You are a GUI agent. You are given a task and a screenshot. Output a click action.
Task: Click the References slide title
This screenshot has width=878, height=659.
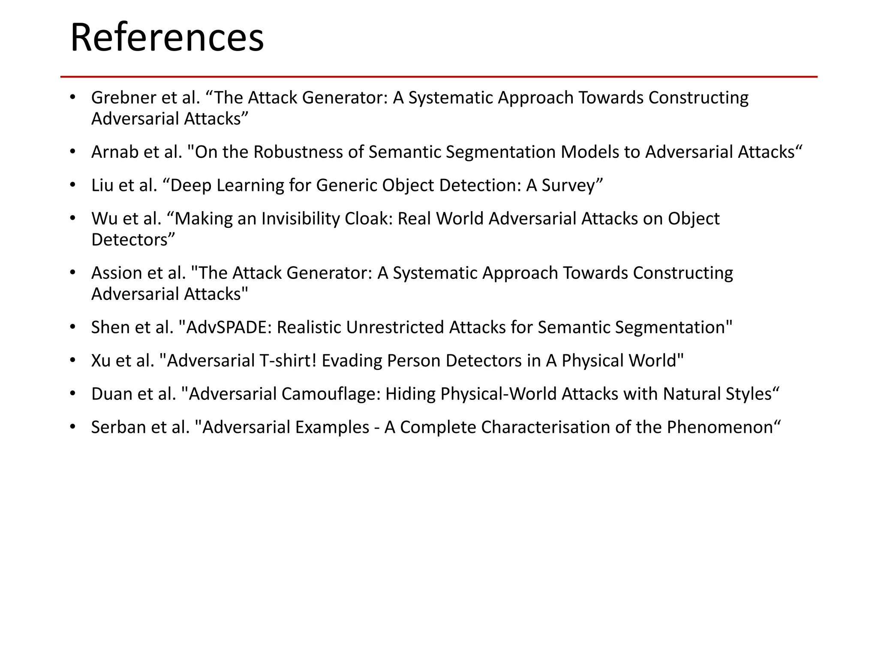pos(167,38)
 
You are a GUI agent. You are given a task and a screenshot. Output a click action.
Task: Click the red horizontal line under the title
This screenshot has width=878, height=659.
pos(439,77)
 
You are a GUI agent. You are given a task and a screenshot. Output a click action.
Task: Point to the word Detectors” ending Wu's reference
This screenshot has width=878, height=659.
pos(133,240)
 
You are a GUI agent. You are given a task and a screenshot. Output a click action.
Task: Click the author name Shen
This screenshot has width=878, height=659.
pos(111,327)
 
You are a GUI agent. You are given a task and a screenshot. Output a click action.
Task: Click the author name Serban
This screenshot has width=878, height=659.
pos(116,427)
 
